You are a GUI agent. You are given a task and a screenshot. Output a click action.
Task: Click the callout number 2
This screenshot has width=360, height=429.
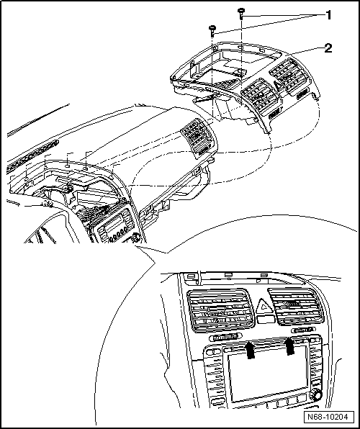click(x=328, y=48)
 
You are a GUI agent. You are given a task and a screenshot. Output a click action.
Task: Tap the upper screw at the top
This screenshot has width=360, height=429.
click(x=241, y=12)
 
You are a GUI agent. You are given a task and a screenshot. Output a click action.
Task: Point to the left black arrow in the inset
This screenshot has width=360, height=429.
click(x=249, y=350)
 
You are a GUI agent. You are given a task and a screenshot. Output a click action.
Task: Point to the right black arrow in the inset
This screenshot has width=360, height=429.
click(x=290, y=347)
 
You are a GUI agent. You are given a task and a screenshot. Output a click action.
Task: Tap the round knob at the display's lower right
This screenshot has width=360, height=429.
click(x=317, y=397)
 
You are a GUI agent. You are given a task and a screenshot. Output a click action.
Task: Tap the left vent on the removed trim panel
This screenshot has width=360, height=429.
click(x=253, y=94)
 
